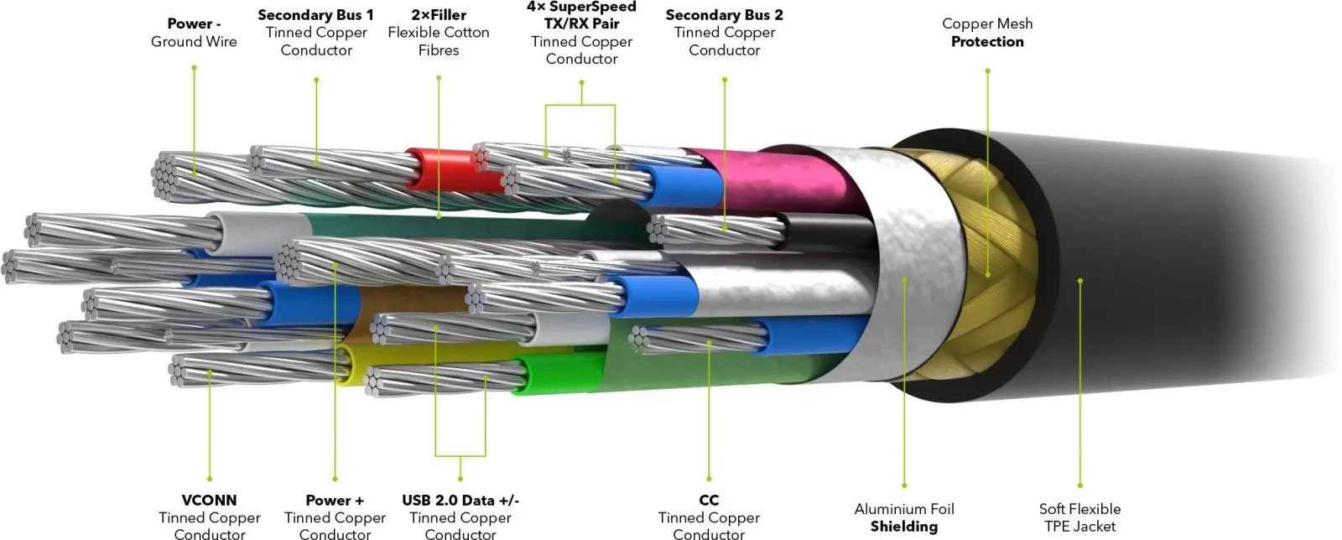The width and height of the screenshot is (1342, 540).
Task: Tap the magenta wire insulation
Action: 772,179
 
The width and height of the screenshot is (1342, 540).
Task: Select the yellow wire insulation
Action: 419,359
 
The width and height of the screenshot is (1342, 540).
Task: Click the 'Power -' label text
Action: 194,23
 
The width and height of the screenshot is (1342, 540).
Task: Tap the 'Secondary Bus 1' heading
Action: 315,15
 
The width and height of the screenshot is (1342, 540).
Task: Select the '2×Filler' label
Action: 439,15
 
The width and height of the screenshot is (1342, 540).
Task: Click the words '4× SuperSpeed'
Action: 581,8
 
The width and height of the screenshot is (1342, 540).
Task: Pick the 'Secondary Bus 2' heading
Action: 725,15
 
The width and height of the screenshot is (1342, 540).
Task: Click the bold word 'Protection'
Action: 987,41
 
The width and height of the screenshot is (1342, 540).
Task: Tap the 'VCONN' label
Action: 209,500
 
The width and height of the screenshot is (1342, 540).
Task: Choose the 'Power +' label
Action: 335,500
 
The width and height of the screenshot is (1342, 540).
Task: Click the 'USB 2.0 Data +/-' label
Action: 460,500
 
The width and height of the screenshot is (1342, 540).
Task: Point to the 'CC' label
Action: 709,500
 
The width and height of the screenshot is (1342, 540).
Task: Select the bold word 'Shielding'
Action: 904,527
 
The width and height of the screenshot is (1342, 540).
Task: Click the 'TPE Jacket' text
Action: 1079,527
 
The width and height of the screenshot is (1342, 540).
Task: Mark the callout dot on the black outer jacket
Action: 1079,280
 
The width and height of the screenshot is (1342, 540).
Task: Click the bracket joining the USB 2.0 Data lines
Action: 460,455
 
